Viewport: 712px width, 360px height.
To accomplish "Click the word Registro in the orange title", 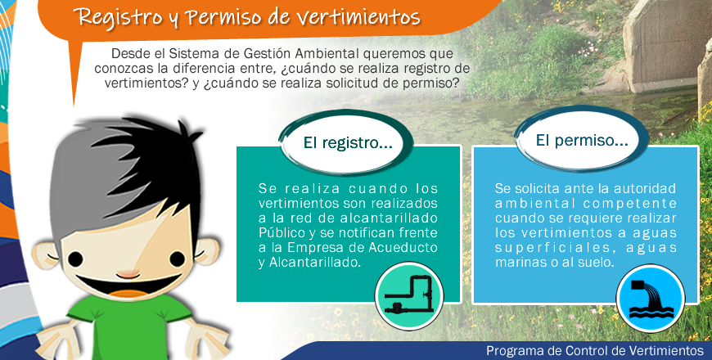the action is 118,17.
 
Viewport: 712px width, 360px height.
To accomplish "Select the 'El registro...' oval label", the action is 347,143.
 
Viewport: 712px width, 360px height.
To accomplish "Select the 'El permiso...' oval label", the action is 582,140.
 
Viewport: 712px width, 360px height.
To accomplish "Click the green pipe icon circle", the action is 409,296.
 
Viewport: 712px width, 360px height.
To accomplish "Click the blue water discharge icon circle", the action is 651,299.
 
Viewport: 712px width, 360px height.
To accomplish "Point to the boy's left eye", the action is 76,259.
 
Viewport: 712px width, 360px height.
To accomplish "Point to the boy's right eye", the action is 178,259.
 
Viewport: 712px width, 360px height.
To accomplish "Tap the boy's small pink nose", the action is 128,275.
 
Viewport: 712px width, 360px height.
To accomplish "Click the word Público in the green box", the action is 282,233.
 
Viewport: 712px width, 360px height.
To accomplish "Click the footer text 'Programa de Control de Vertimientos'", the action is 595,350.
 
